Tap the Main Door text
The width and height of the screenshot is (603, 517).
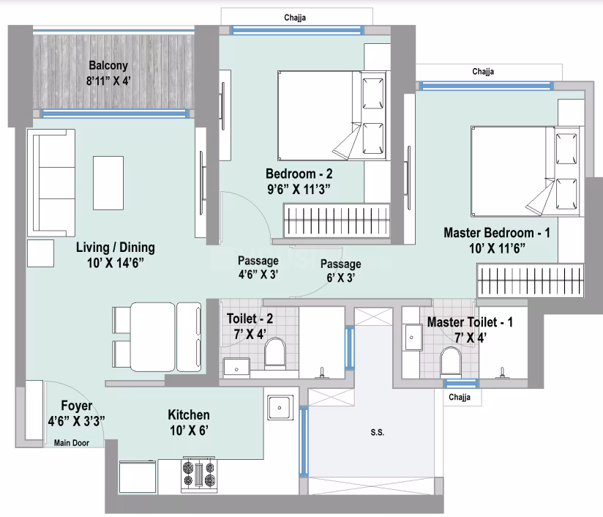[72, 442]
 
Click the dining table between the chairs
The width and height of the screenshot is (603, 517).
[153, 337]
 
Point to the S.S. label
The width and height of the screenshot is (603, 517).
[378, 433]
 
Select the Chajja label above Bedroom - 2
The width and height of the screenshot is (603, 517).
[295, 17]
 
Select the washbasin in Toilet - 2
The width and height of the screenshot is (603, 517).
[236, 366]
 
